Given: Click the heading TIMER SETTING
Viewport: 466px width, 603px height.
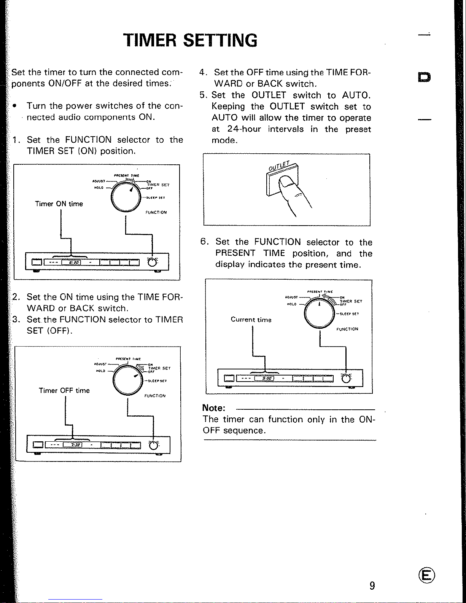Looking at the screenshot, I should (190, 40).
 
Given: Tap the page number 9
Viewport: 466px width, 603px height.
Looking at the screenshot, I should (372, 585).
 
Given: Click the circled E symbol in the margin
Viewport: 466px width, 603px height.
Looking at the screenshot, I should (426, 575).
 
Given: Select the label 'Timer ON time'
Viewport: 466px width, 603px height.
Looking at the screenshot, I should (59, 204).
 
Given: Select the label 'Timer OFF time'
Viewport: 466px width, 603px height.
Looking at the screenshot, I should (64, 391).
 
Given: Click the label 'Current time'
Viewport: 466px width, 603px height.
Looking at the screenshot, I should (251, 320).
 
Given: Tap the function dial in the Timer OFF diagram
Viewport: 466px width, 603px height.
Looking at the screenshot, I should (128, 380).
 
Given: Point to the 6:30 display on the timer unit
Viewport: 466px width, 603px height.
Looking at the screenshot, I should (74, 262).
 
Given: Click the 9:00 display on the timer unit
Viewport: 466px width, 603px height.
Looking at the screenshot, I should (267, 378).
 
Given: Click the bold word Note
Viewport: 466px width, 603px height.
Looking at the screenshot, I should (214, 408).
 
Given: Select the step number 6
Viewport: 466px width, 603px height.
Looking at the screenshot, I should (204, 242).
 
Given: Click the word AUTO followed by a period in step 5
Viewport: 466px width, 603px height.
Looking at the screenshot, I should (356, 95).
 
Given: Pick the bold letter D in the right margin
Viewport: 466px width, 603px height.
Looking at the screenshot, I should (424, 77).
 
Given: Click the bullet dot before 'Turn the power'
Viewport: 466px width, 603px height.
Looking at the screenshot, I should (14, 106).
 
